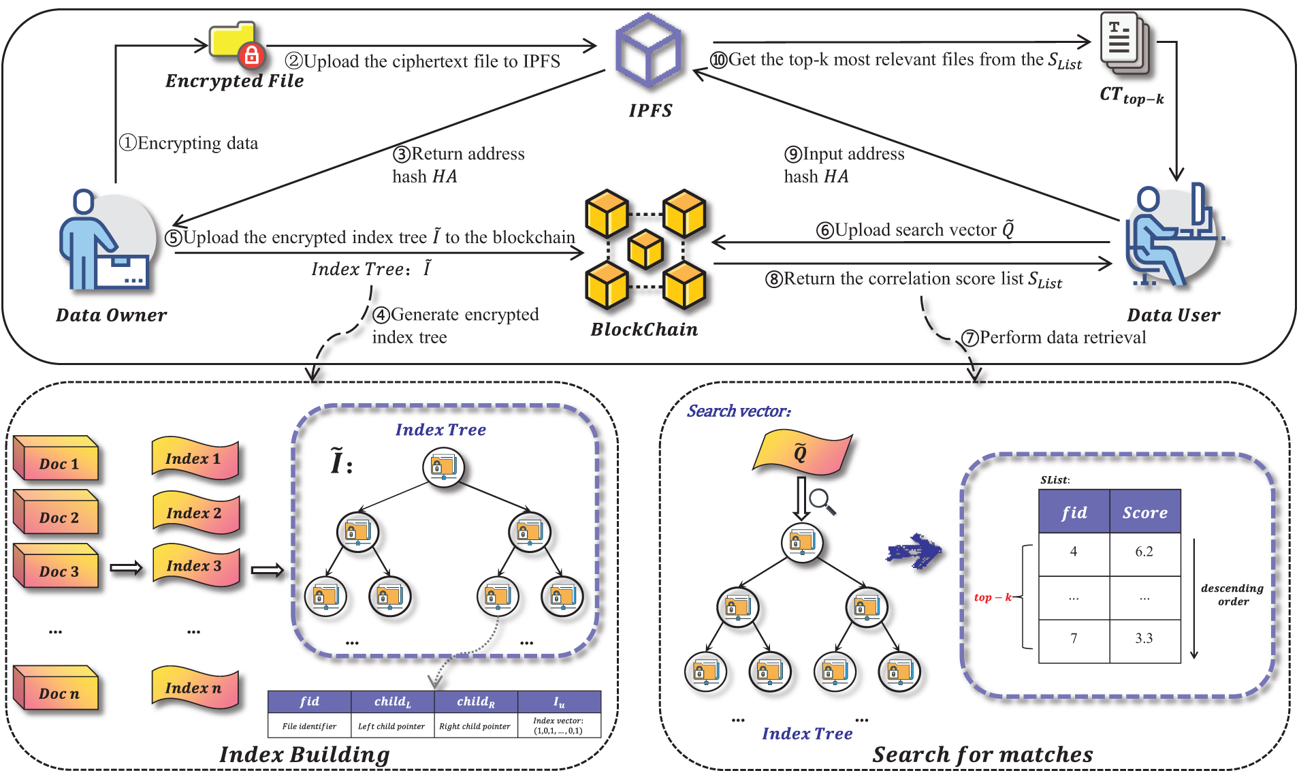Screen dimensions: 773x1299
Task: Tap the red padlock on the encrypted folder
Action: [x=251, y=55]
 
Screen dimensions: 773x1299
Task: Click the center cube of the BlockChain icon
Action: [x=645, y=249]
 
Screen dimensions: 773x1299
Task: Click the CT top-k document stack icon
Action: [x=1124, y=44]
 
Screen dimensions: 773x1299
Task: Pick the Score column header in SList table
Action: [x=1144, y=512]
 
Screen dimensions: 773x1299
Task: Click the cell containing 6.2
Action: [x=1144, y=552]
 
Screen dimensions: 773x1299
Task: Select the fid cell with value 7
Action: [x=1074, y=639]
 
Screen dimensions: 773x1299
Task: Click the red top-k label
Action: [x=992, y=597]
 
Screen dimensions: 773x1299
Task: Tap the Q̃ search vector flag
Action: [x=801, y=452]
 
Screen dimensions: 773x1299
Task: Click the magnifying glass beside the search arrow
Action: [x=822, y=501]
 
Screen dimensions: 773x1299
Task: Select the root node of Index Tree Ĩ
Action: [x=443, y=467]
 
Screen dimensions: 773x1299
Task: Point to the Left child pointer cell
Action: [x=391, y=726]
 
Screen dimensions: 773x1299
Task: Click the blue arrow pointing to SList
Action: [x=914, y=551]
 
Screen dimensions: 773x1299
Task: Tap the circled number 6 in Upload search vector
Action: [x=824, y=230]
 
